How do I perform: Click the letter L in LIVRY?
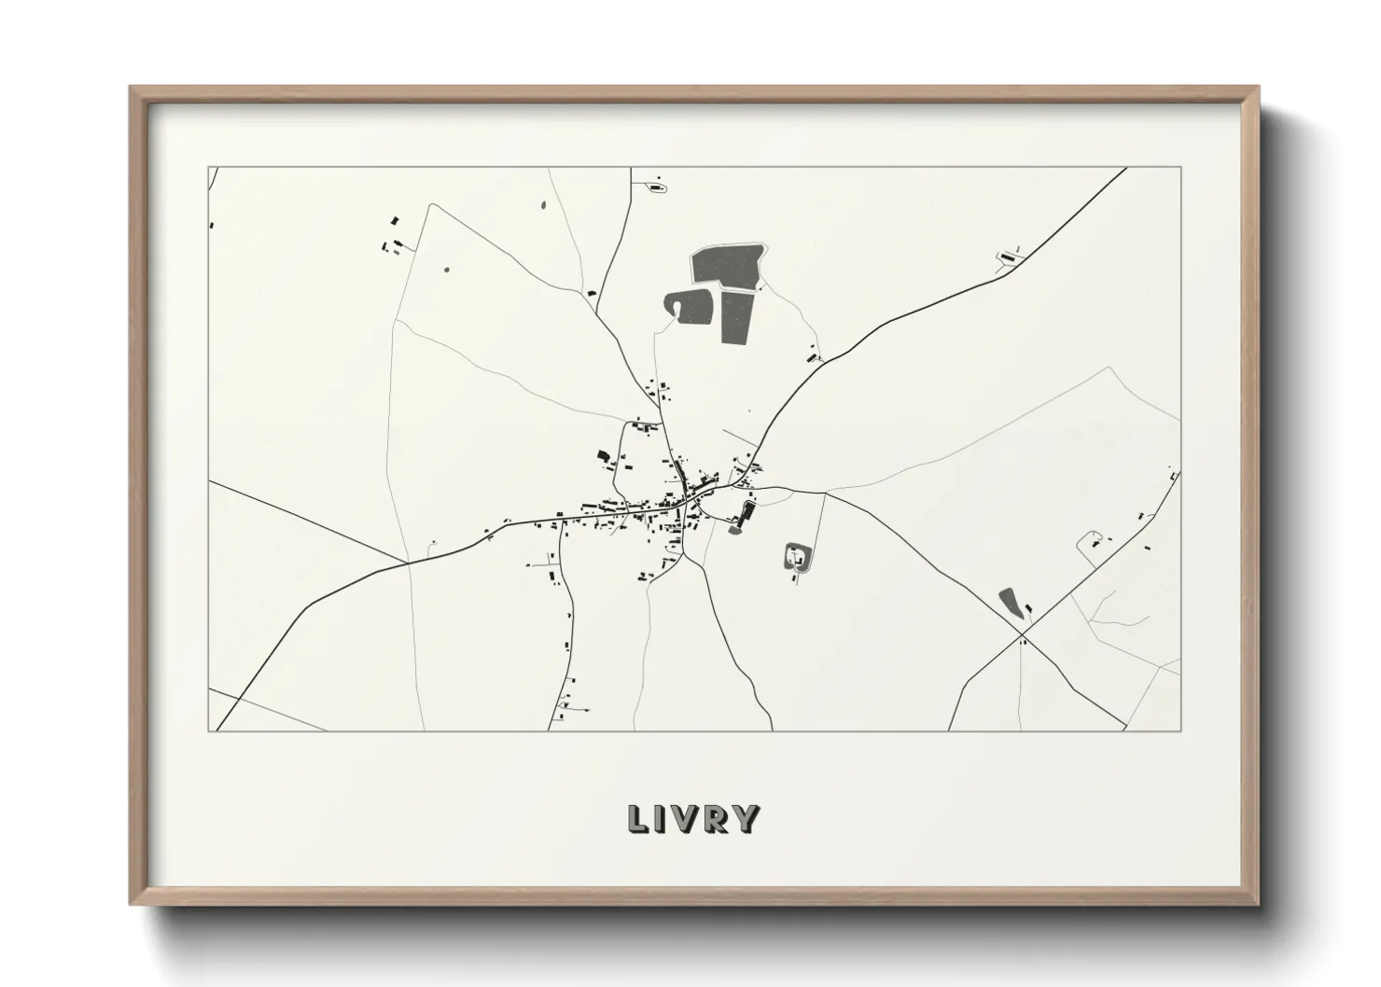(x=638, y=819)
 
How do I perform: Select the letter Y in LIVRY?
(x=745, y=819)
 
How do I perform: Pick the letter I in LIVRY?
(x=662, y=819)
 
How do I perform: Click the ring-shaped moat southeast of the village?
(x=797, y=559)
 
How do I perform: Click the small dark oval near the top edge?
(x=542, y=203)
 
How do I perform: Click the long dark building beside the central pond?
(x=746, y=511)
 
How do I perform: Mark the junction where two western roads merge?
(x=407, y=563)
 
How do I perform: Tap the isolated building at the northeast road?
(x=1007, y=256)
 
